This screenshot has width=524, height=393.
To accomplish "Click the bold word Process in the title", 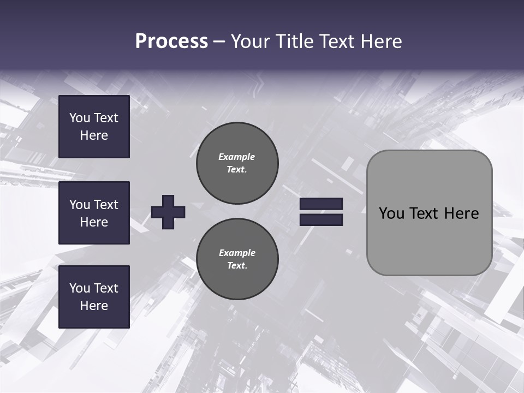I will (171, 41).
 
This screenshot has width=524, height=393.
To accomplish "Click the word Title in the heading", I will (295, 41).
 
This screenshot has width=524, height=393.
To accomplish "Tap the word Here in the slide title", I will (382, 41).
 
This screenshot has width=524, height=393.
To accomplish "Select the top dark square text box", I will (94, 127).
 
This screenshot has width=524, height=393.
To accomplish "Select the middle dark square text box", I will (94, 213).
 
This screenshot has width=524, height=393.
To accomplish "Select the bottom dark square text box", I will (94, 296).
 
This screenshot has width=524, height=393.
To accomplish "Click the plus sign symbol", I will (168, 212).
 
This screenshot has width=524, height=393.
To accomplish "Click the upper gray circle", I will (237, 163).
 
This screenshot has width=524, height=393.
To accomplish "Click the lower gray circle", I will (237, 259).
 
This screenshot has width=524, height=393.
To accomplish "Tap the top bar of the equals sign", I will (321, 204).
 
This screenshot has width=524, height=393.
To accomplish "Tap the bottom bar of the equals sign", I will (321, 219).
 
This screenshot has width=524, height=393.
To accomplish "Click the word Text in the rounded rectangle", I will (424, 213).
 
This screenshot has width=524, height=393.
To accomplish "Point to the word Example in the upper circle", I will (236, 157).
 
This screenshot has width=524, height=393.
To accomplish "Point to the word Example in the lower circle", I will (237, 253).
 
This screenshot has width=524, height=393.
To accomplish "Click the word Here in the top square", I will (94, 135).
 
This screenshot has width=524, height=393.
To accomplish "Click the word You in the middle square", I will (79, 205).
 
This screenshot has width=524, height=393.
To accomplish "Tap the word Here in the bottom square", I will (94, 306).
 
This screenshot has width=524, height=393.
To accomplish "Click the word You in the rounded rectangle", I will (391, 213).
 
